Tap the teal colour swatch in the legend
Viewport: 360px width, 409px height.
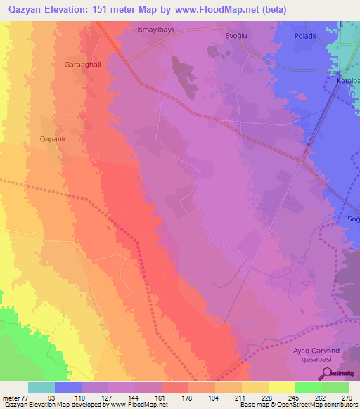[x=41, y=387]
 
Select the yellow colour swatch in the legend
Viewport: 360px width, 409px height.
[x=281, y=387]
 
